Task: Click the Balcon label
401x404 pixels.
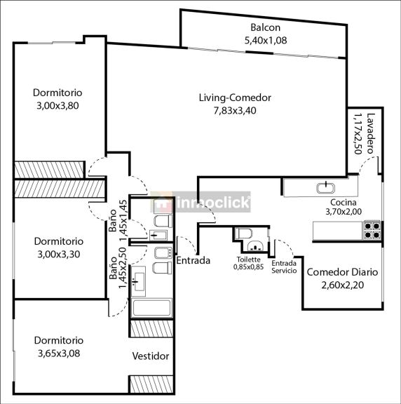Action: [265, 27]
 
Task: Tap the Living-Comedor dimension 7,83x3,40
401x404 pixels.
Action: [235, 111]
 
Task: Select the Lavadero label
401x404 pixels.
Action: [370, 133]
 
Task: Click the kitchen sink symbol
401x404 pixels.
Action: [326, 188]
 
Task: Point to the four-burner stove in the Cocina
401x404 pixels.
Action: [372, 230]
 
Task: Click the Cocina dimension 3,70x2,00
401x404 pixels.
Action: [344, 212]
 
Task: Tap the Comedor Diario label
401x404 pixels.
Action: [342, 272]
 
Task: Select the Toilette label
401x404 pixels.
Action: [249, 260]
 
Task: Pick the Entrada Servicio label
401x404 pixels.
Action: [284, 267]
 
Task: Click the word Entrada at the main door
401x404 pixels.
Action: [193, 260]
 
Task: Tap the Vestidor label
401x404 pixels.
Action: [151, 356]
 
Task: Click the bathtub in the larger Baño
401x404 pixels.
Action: [151, 308]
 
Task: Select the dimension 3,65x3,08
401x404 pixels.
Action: [59, 353]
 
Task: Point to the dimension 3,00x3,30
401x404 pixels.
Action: [59, 255]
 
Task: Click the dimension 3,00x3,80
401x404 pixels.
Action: [57, 106]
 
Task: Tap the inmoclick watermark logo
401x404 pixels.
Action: [200, 202]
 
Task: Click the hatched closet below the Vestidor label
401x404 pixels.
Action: [151, 384]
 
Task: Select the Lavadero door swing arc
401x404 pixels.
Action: [368, 164]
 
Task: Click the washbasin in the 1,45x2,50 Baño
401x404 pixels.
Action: [138, 282]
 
